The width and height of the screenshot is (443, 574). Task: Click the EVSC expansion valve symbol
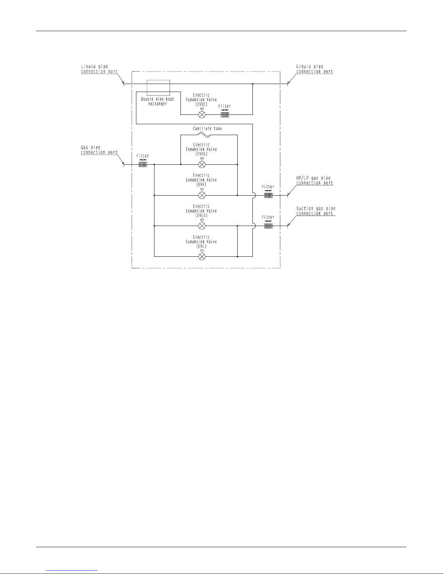pyautogui.click(x=202, y=114)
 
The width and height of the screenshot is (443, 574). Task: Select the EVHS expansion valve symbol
pyautogui.click(x=202, y=164)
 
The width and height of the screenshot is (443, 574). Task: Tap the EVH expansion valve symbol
pyautogui.click(x=202, y=195)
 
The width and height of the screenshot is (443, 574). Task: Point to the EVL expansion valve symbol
pyautogui.click(x=202, y=256)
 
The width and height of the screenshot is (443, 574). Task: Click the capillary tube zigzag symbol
pyautogui.click(x=204, y=135)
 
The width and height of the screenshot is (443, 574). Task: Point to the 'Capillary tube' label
pyautogui.click(x=207, y=129)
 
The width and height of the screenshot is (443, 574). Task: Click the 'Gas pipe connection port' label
pyautogui.click(x=99, y=150)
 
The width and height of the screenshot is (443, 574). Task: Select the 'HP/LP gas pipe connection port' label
pyautogui.click(x=315, y=180)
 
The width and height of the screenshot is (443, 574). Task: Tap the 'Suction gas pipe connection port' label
pyautogui.click(x=316, y=211)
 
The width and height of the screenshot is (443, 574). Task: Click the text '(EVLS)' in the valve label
pyautogui.click(x=201, y=215)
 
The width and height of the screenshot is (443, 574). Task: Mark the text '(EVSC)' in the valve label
pyautogui.click(x=201, y=104)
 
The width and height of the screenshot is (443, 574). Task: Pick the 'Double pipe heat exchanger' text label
pyautogui.click(x=157, y=101)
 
